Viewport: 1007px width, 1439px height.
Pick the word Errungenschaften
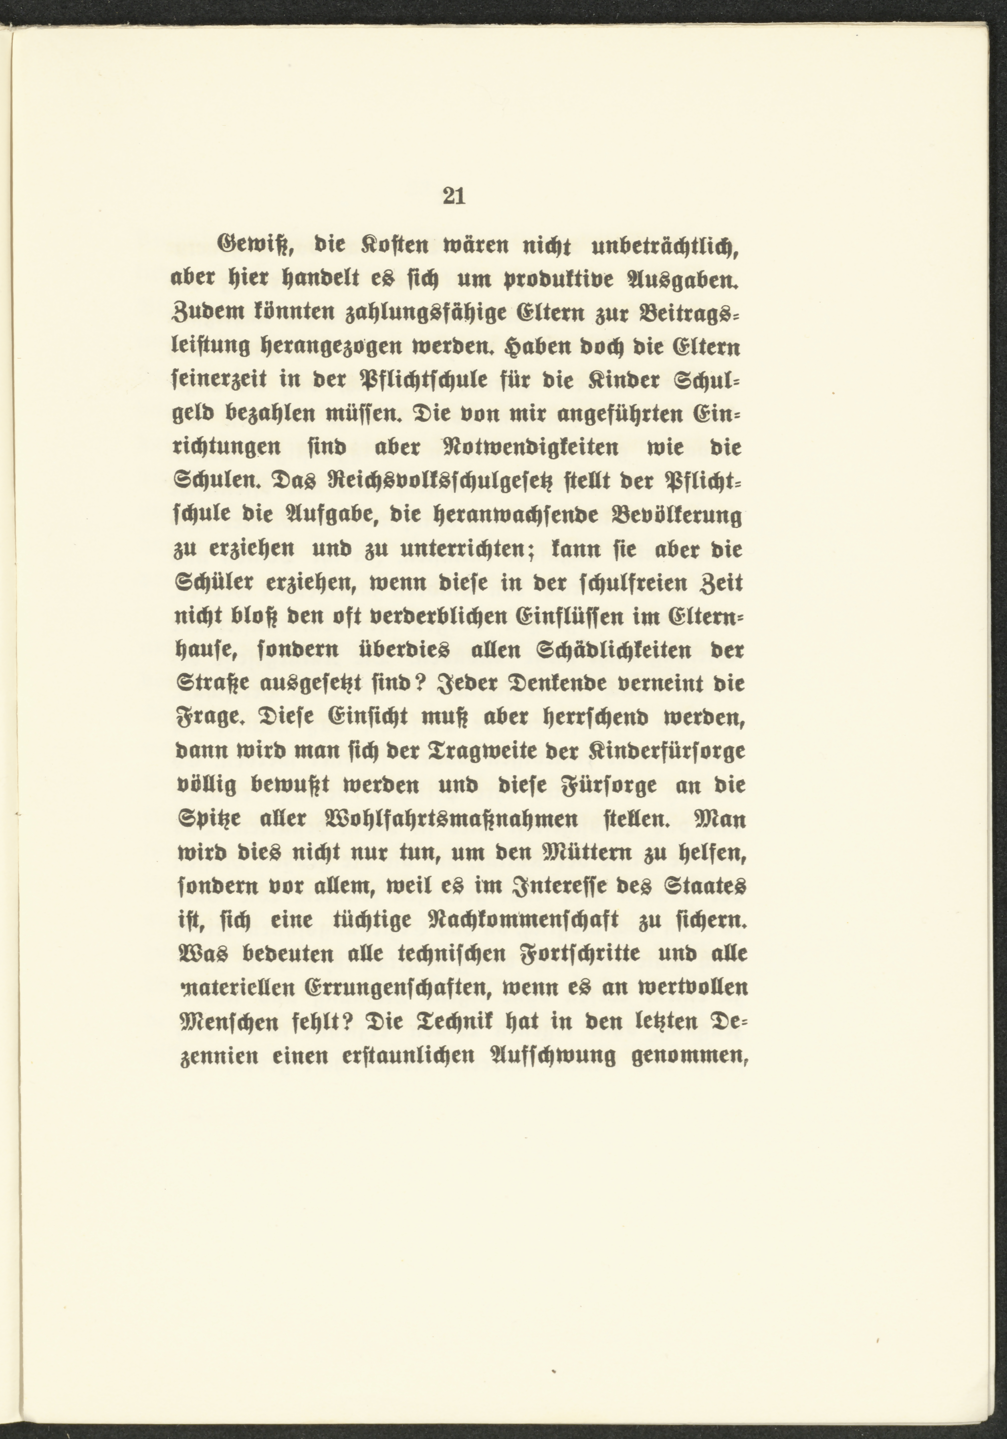coord(396,989)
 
